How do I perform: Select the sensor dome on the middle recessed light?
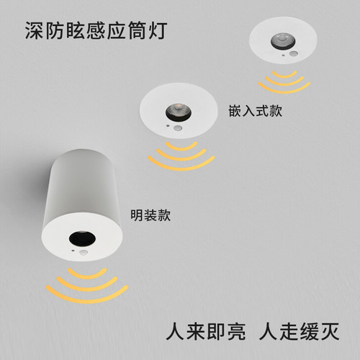176,128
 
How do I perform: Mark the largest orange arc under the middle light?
181,164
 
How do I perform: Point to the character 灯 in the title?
161,32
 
